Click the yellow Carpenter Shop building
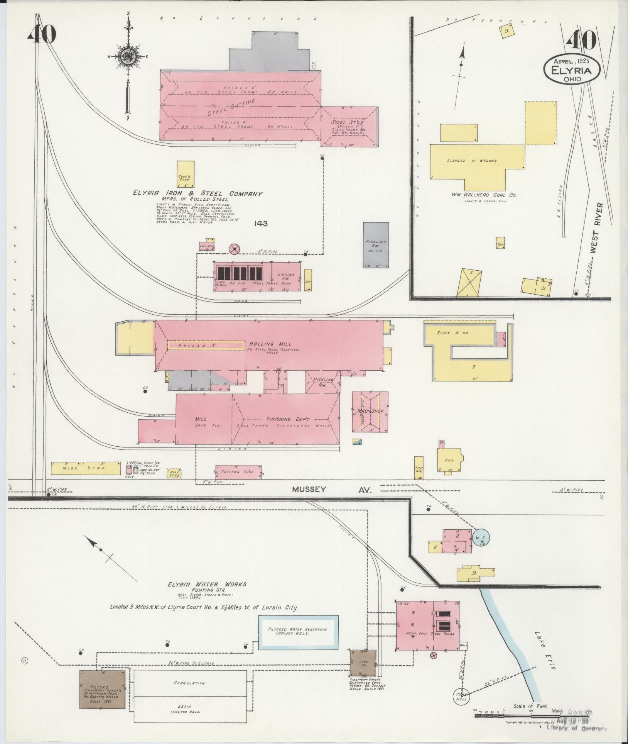(x=185, y=175)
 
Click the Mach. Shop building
(x=370, y=411)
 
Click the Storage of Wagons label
(x=477, y=161)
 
